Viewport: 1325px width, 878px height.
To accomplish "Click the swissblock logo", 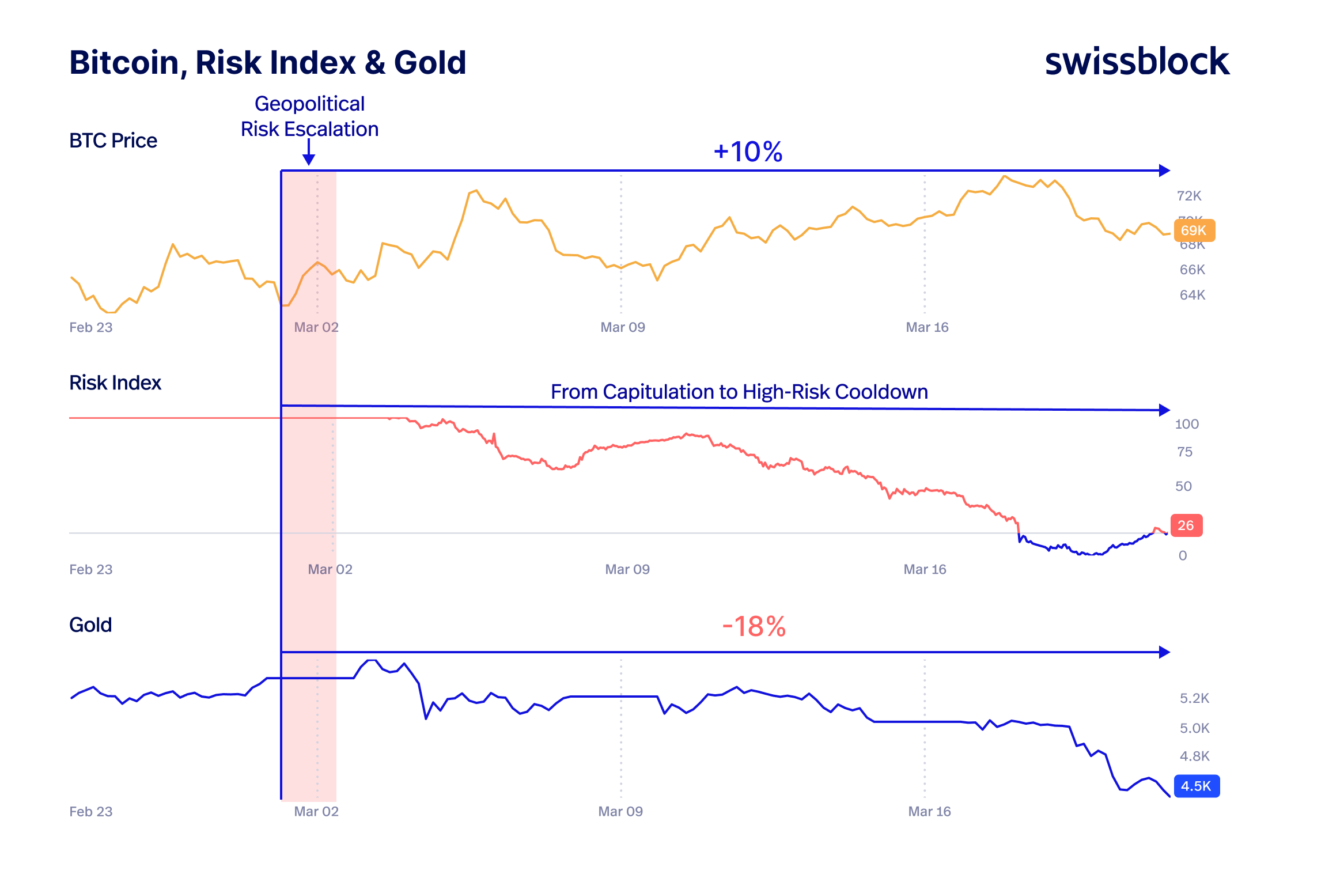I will [1137, 62].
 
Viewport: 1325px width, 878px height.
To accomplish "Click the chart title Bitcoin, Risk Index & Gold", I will [267, 62].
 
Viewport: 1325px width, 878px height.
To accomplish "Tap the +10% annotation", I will [748, 152].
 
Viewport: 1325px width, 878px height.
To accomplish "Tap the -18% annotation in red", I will [754, 626].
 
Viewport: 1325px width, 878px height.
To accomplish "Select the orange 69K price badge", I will [1194, 230].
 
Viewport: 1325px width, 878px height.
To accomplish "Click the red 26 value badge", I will [1186, 525].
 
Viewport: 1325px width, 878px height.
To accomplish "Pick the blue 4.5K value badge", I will [1196, 786].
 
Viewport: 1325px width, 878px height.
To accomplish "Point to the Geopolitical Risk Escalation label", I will [309, 116].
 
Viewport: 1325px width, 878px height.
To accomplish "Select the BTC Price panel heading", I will [113, 141].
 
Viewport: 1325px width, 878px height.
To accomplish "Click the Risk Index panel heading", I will [115, 383].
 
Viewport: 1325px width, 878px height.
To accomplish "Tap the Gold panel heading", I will [90, 625].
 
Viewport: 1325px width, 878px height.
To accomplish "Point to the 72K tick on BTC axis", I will [1189, 196].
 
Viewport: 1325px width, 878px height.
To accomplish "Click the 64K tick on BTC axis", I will [1192, 295].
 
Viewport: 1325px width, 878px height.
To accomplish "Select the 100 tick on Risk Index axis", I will [1186, 424].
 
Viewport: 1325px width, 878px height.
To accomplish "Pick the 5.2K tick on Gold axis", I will [1194, 698].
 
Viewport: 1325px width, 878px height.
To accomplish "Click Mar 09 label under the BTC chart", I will [622, 327].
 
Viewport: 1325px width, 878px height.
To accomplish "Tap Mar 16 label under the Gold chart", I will [929, 811].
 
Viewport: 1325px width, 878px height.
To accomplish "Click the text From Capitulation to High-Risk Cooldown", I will [739, 392].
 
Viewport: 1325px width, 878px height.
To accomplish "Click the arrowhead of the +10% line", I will [1164, 171].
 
